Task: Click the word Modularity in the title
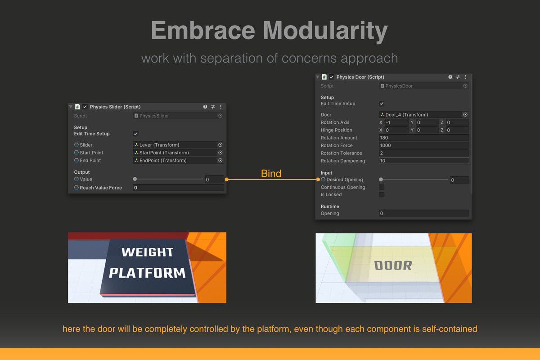coord(325,31)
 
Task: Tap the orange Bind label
coord(271,173)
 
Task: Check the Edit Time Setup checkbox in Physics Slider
coord(136,134)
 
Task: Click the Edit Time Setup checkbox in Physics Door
coord(382,103)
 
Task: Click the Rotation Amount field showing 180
coord(424,138)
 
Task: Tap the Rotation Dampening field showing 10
coord(424,161)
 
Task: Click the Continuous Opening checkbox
coord(382,187)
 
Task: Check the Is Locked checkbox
coord(382,194)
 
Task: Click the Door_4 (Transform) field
coord(424,115)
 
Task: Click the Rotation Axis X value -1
coord(396,122)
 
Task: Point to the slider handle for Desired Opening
coord(381,180)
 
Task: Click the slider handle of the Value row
coord(135,179)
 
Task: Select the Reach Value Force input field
coord(178,188)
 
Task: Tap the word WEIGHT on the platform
coord(148,252)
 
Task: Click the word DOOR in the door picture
coord(393,265)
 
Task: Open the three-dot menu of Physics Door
coord(466,77)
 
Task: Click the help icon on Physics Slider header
coord(205,107)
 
